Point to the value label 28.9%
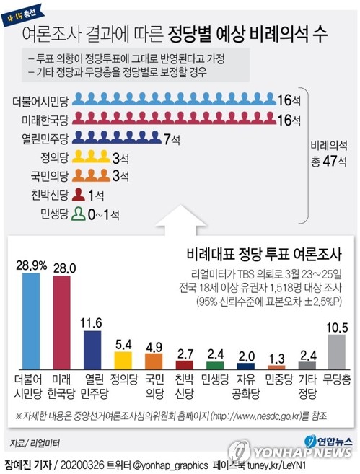pos(32,266)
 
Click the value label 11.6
pos(92,322)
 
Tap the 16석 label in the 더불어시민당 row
pos(289,101)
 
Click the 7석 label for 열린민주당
pos(171,139)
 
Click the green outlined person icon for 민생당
pos(80,213)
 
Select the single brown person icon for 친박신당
pos(81,194)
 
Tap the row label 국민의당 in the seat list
pos(49,175)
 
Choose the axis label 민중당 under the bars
pos(276,378)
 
